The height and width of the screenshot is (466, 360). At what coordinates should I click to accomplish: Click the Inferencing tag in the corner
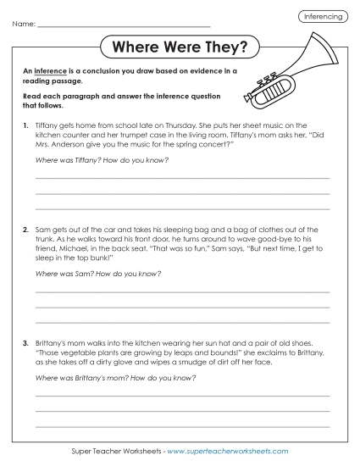pos(323,17)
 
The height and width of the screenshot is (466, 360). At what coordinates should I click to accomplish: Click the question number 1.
pos(25,125)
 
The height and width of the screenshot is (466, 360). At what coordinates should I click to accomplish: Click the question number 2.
pos(25,230)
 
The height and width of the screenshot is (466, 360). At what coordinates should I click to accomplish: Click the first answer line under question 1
pos(182,179)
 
